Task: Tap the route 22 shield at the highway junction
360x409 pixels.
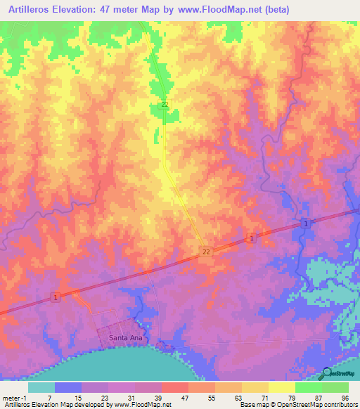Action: click(206, 251)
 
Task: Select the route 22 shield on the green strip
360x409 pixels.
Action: click(165, 105)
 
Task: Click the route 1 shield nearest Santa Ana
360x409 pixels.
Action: click(55, 298)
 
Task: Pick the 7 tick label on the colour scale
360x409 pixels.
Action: click(49, 397)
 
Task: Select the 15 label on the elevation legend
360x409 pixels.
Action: click(79, 397)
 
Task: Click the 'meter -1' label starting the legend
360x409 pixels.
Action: click(15, 397)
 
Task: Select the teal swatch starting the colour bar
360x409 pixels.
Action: click(41, 387)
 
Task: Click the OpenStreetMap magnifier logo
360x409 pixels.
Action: click(326, 372)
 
